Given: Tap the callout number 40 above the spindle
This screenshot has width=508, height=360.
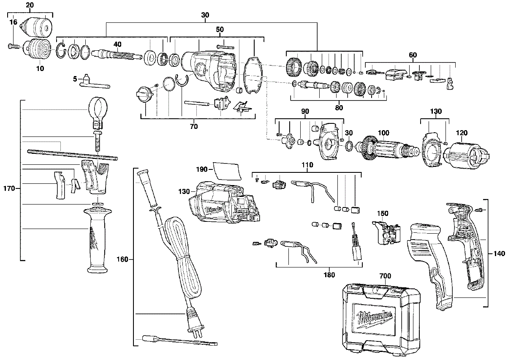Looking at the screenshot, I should click(x=117, y=44).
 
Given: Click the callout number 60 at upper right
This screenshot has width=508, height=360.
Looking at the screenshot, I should click(x=413, y=55).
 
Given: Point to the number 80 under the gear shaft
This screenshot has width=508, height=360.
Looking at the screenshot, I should click(x=339, y=107).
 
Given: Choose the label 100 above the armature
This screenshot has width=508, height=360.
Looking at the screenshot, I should click(x=383, y=133).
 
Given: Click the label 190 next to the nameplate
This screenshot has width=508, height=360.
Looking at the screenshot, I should click(x=202, y=169).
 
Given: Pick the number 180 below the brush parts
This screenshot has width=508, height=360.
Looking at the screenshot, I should click(x=329, y=275).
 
